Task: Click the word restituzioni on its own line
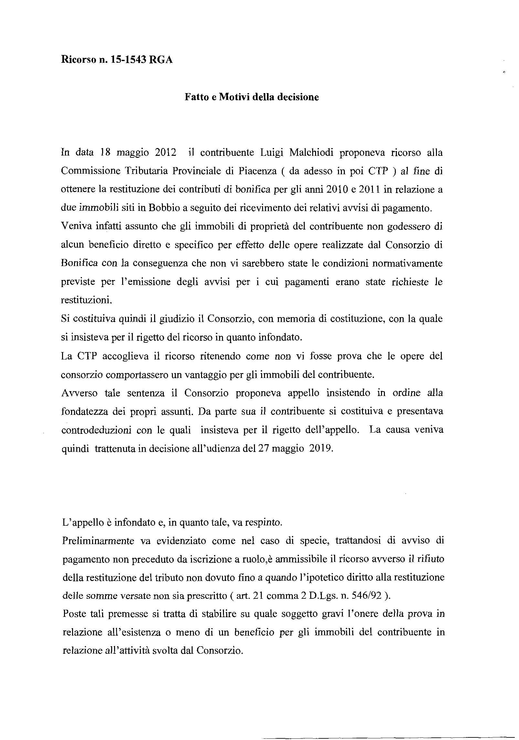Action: tap(86, 300)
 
